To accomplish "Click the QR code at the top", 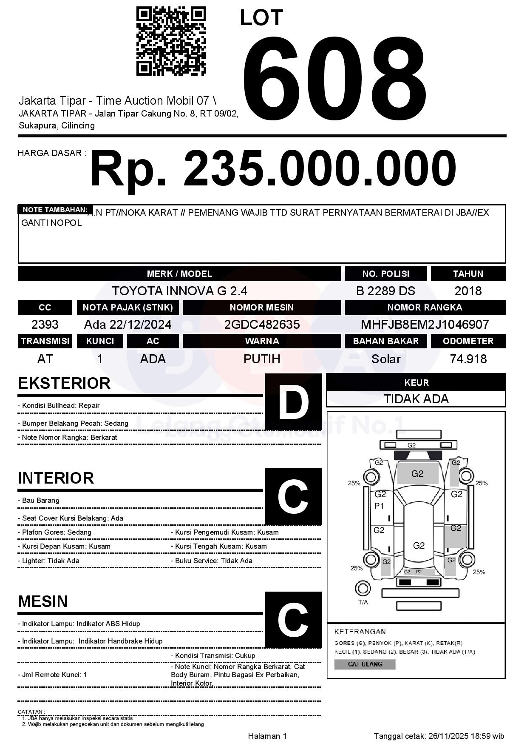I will pos(171,41).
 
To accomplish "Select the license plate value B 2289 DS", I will pos(385,291).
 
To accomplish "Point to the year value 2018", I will pos(468,291).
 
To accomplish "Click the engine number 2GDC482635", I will pos(262,325).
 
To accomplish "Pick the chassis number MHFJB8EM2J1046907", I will pos(425,325).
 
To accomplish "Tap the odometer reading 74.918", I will pos(468,359).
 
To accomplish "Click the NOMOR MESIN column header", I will pos(262,308).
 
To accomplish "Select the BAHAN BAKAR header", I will pos(385,341).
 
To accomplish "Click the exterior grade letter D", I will pos(293,401).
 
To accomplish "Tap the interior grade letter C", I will pos(293,496).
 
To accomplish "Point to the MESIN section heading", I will pos(43,601).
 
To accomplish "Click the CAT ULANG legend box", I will pos(365,664).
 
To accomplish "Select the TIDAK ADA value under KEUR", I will pos(416,399).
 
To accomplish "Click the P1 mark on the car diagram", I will pos(379,506).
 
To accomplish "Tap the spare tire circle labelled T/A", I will pos(363,589).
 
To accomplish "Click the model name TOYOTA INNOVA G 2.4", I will pos(179,291).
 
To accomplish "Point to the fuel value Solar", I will pos(385,359).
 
